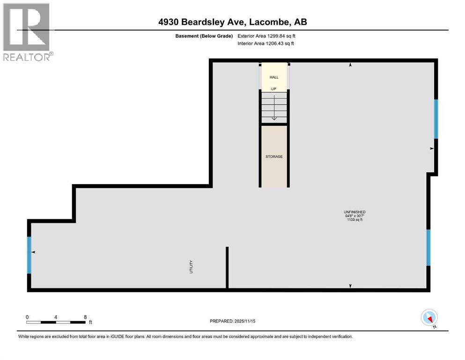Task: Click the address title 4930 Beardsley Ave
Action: (232, 22)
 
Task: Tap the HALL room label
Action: (274, 77)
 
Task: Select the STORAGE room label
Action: (274, 157)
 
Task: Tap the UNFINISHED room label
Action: (354, 212)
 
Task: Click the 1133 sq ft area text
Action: (354, 219)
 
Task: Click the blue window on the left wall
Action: (29, 255)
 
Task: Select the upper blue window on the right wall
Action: (436, 119)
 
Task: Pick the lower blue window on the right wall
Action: (428, 247)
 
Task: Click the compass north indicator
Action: (429, 318)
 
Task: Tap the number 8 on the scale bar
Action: (85, 317)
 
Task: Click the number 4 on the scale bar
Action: (56, 317)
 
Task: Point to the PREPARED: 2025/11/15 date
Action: (232, 321)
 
